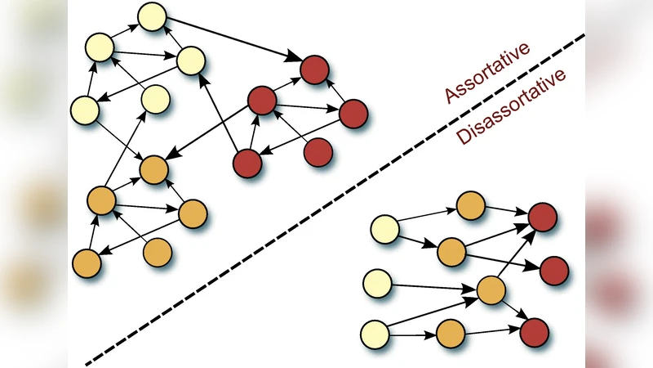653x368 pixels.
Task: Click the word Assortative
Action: tap(487, 73)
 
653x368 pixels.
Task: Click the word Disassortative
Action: tap(511, 108)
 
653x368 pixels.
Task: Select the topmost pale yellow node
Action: tap(153, 16)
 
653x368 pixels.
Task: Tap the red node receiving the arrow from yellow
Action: tap(314, 70)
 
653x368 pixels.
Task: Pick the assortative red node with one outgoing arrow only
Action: tap(318, 151)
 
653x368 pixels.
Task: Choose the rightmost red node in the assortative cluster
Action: tap(354, 114)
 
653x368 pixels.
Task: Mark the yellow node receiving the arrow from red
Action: tap(190, 59)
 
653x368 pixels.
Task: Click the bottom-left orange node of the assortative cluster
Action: tap(87, 263)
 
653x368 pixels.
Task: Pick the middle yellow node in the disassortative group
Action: tap(377, 284)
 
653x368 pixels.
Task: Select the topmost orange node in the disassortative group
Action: tap(471, 205)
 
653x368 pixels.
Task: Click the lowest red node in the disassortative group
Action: tap(534, 332)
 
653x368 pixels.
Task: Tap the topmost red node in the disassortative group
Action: tap(543, 217)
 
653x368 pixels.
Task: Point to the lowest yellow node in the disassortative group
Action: tap(374, 334)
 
